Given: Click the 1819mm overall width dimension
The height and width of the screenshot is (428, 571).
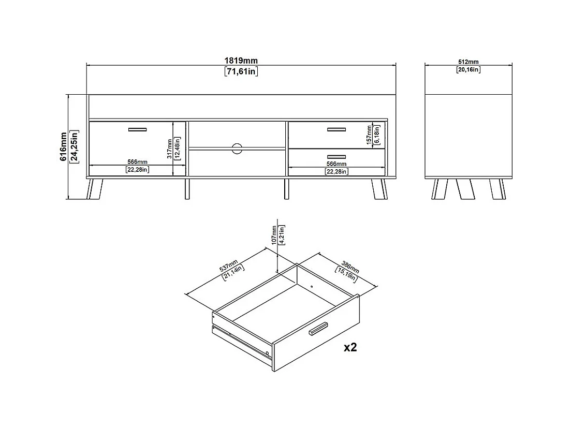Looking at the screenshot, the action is tap(241, 61).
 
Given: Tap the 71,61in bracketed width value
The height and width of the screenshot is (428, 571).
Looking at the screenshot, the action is tap(241, 71).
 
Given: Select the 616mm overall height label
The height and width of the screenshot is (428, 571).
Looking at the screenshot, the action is tap(64, 146).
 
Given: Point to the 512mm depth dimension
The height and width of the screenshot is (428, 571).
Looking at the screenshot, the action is tap(468, 62).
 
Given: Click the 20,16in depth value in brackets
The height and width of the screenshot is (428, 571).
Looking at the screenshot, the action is tap(468, 69).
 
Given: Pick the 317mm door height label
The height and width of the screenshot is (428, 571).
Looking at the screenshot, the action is tap(169, 149).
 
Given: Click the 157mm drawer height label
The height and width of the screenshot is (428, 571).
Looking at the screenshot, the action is tap(369, 135).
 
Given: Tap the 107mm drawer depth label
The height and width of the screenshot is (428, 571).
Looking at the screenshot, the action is tap(274, 235).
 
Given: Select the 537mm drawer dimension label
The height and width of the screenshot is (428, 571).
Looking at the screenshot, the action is tap(228, 266).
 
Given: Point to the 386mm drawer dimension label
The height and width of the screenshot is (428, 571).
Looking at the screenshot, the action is tap(350, 267).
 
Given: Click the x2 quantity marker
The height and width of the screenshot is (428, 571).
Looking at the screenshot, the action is tap(350, 348).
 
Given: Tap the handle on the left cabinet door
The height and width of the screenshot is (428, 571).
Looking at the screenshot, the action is tap(137, 129).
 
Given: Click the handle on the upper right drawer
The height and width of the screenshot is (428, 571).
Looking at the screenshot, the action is tap(336, 129).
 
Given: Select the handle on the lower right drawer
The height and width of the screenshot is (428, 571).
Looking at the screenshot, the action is tap(336, 157).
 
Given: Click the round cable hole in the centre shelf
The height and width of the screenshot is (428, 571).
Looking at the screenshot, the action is tap(237, 149).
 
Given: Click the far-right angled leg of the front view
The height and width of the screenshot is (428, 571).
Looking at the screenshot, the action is tap(379, 189).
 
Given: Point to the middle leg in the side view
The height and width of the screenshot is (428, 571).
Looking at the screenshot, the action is tap(465, 189).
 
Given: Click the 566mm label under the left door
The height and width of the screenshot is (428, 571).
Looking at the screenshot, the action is tap(137, 162).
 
